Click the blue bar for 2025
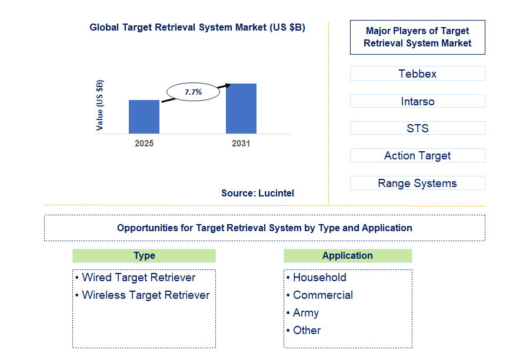coord(144,116)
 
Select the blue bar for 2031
coord(241,108)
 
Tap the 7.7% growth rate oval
coord(193,92)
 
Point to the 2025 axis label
coord(144,144)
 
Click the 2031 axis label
coord(241,144)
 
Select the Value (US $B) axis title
coord(99,105)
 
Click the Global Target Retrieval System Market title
coord(197,28)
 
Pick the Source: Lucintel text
coord(258,193)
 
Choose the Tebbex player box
coord(417,74)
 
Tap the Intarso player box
coord(417,101)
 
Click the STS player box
coord(417,128)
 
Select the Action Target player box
coord(417,155)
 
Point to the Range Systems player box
coord(417,183)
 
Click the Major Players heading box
coord(417,37)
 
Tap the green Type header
coord(144,255)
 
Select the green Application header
coord(347,255)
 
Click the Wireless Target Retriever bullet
coord(145,295)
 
